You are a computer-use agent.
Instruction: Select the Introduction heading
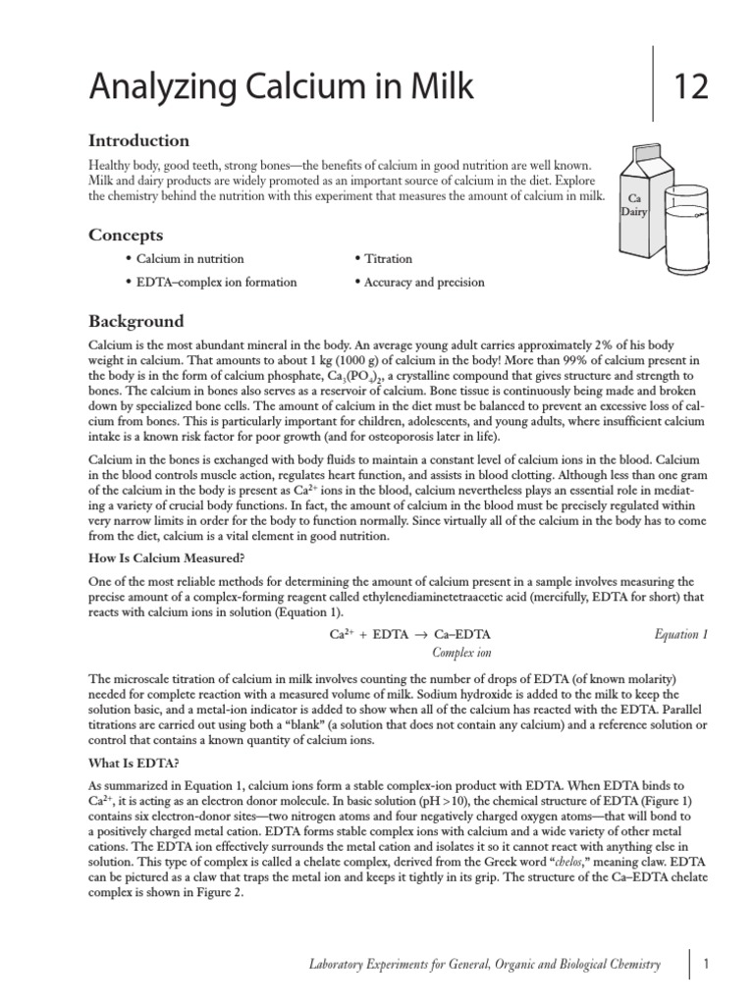point(138,140)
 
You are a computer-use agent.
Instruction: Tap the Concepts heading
point(126,235)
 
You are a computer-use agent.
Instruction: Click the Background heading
point(136,321)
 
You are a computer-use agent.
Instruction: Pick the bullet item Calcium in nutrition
point(189,259)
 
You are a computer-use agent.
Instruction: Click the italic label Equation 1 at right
point(680,634)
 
